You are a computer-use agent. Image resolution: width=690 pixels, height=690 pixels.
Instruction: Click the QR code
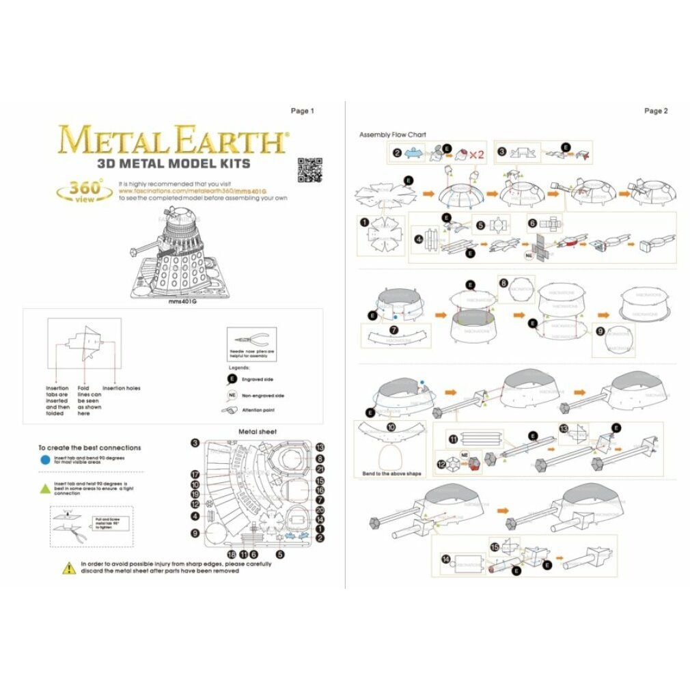point(309,169)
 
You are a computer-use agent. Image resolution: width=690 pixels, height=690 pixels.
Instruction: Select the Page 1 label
point(302,111)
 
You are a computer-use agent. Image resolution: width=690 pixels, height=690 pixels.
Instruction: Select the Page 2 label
point(656,111)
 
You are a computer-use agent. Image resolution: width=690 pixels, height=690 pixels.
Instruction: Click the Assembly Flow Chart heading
point(392,135)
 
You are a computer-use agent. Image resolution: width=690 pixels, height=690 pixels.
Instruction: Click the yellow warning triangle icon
point(70,567)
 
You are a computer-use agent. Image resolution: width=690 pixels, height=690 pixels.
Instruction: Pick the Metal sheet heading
point(257,432)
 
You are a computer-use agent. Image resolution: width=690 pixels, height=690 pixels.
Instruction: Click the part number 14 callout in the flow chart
point(445,559)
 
